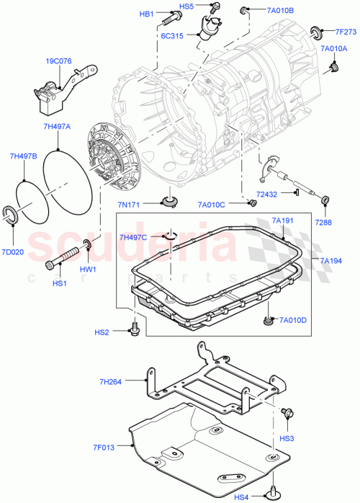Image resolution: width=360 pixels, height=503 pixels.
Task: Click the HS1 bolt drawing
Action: click(x=63, y=258)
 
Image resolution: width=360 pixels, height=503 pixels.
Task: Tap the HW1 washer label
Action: click(x=88, y=268)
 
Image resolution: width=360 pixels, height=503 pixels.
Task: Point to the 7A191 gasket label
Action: click(x=284, y=221)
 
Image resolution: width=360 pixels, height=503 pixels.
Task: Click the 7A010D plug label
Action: click(x=293, y=320)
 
